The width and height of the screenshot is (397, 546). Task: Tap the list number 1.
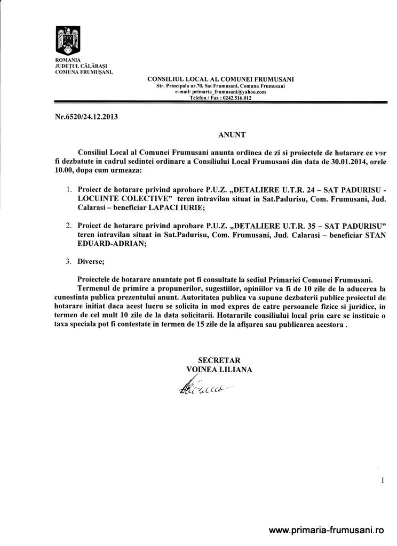coord(68,190)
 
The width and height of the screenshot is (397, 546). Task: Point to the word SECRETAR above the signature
coord(219,360)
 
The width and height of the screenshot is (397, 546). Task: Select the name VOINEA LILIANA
coord(219,369)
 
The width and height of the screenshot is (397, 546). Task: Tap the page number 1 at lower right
coord(383,480)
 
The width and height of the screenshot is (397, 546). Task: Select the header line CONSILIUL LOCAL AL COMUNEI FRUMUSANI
coord(220,79)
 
